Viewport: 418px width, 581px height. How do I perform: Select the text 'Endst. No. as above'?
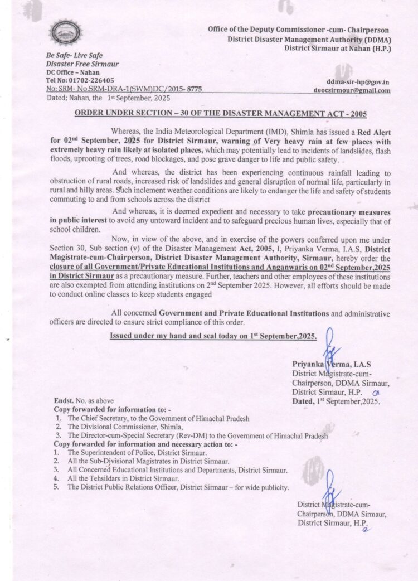81,401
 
